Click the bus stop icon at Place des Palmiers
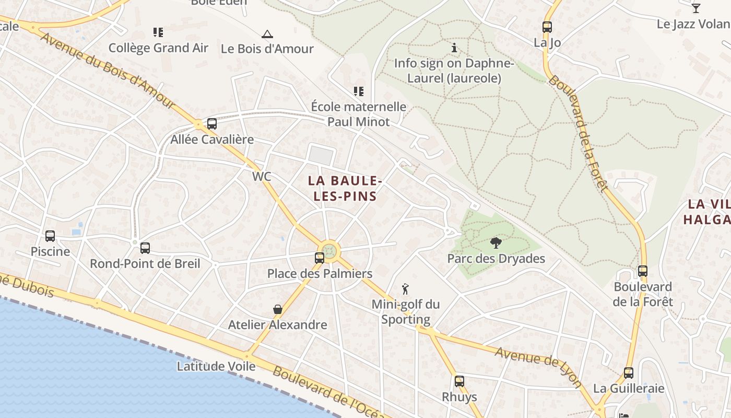click(319, 258)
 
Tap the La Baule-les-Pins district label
click(343, 189)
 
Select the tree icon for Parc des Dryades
click(496, 242)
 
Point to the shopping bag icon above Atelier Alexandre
click(278, 309)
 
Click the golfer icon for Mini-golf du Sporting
click(405, 288)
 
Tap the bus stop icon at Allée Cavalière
click(211, 124)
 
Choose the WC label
click(262, 177)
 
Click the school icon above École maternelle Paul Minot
click(358, 91)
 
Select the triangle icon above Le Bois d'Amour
click(267, 34)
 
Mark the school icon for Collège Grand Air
click(158, 32)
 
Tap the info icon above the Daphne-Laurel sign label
click(454, 48)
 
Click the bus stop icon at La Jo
click(547, 27)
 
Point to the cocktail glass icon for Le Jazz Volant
click(695, 8)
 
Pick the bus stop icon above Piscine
click(50, 236)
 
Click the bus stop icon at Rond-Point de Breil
click(145, 248)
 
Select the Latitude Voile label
click(216, 366)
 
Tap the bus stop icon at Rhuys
click(459, 381)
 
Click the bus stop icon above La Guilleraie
click(629, 373)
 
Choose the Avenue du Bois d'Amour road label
click(107, 71)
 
